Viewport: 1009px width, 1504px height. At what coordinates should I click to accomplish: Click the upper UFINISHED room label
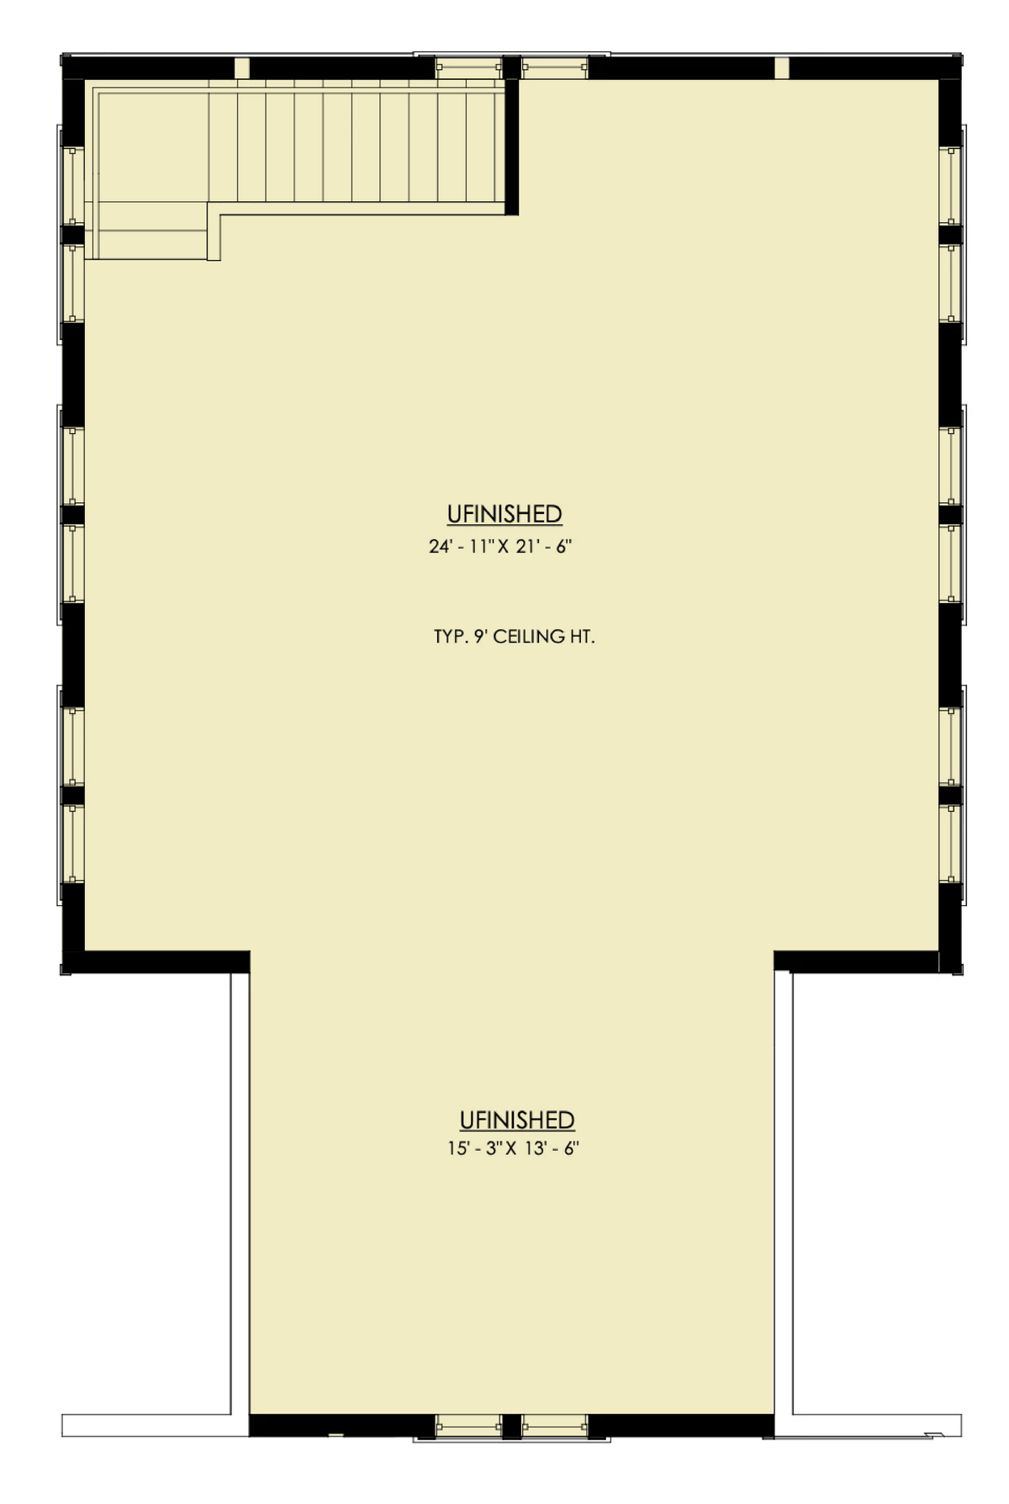click(x=504, y=514)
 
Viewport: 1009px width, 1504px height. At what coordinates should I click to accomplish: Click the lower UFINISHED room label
click(x=517, y=1120)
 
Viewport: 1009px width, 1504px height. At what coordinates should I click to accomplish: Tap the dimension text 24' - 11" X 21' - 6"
click(x=500, y=547)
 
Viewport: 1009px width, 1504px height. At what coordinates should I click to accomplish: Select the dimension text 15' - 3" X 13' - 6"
click(x=514, y=1148)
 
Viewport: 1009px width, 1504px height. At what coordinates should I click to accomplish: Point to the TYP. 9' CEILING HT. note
click(x=514, y=637)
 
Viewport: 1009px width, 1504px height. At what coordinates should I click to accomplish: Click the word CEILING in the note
click(x=529, y=637)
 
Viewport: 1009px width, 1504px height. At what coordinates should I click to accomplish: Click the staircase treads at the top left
click(x=357, y=147)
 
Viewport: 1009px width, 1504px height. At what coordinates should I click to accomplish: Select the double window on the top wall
click(x=511, y=66)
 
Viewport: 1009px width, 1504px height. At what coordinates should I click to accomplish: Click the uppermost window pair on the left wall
click(x=71, y=235)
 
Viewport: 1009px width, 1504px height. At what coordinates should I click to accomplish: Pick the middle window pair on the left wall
click(x=71, y=515)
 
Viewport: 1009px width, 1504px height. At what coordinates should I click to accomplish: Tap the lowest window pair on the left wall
click(x=71, y=795)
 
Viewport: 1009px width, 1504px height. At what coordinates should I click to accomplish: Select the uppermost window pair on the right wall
click(x=952, y=235)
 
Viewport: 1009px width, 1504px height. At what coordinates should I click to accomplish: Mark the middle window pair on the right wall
click(x=952, y=515)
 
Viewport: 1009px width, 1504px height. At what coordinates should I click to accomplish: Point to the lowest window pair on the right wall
click(x=952, y=795)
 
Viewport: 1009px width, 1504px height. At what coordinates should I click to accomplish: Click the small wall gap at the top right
click(x=782, y=68)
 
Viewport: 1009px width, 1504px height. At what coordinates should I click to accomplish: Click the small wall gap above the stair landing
click(x=242, y=68)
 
